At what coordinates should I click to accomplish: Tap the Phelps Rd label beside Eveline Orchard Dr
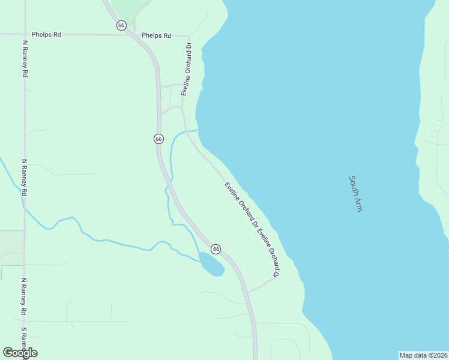(156, 35)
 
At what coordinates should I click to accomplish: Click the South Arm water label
(355, 193)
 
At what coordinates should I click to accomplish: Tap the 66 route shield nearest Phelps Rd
(122, 25)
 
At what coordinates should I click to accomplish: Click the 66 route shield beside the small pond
(216, 249)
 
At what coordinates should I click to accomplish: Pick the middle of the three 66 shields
(158, 139)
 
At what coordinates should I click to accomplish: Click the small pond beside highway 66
(211, 264)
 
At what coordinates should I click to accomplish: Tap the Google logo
(20, 353)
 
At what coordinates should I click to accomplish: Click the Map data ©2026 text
(423, 355)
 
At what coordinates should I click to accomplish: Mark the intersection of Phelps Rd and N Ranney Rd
(24, 34)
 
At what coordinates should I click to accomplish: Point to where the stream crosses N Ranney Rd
(25, 208)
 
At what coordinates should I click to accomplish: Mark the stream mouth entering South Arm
(197, 129)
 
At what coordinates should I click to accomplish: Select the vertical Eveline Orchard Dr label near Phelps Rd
(186, 69)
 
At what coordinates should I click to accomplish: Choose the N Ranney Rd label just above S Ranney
(25, 297)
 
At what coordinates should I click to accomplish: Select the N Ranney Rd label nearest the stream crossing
(25, 178)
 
